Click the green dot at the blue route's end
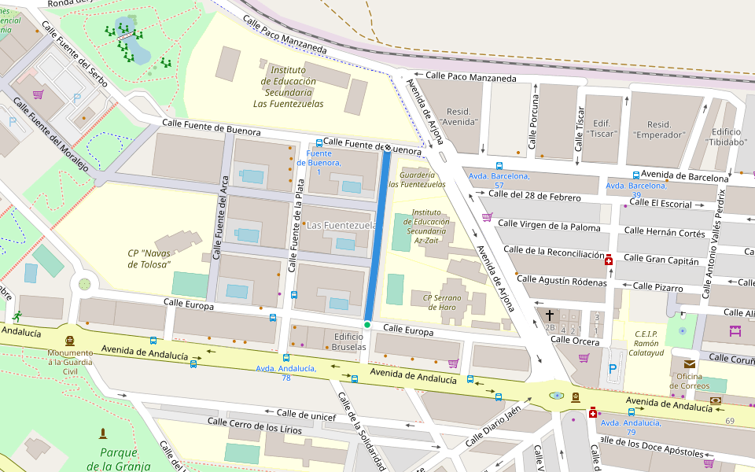(367, 324)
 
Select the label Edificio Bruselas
(349, 341)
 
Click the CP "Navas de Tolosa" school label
(149, 259)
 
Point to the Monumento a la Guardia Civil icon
(70, 341)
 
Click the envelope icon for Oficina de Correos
(689, 363)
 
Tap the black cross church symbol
(550, 315)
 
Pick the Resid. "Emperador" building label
(658, 130)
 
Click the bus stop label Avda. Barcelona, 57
(499, 180)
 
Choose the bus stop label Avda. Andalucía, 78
(285, 373)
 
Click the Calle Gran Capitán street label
(661, 258)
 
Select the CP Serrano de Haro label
(441, 302)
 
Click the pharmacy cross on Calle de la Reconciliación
(609, 260)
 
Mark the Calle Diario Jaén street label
(492, 425)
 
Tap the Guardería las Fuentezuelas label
(417, 179)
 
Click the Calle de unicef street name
(306, 414)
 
